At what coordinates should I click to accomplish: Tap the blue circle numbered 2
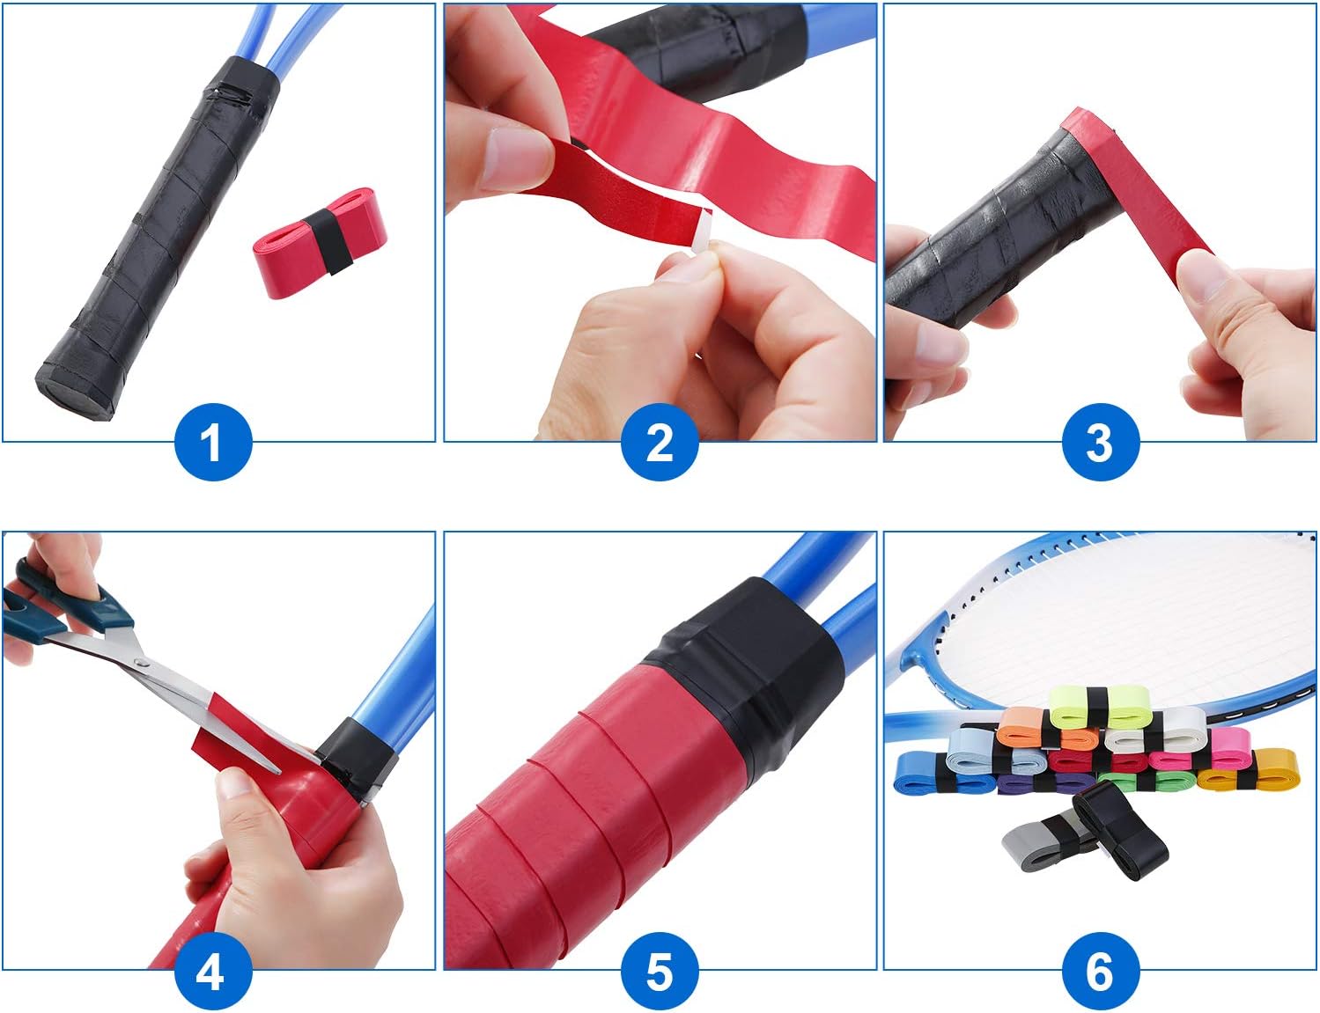(x=660, y=442)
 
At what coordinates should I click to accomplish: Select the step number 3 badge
(x=1100, y=442)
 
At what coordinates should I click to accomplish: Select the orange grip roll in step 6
(x=1026, y=726)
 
